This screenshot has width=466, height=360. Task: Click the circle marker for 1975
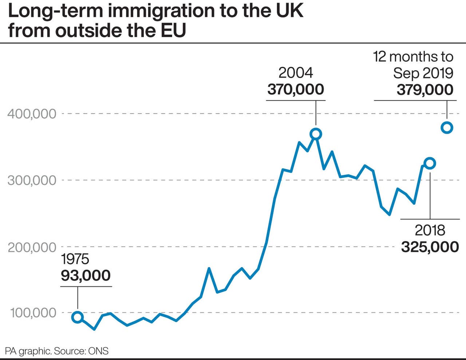[78, 317]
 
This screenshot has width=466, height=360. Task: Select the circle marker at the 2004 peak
[316, 134]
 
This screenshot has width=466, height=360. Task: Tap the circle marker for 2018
[430, 163]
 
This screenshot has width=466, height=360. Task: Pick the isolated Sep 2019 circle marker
[447, 128]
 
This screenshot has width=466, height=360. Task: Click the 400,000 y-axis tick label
[32, 114]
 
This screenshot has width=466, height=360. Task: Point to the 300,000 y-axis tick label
[32, 180]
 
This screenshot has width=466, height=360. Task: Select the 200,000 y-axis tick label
[32, 247]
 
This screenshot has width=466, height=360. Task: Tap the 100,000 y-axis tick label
[33, 313]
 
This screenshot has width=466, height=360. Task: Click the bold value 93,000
[86, 275]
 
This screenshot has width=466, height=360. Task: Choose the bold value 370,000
[296, 89]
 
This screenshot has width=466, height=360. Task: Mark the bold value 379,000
[425, 90]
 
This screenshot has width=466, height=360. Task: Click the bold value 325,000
[430, 247]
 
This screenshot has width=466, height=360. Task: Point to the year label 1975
[75, 259]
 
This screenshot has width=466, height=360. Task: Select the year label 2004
[296, 73]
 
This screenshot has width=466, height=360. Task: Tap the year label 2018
[430, 230]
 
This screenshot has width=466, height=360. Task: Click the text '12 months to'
[413, 57]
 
